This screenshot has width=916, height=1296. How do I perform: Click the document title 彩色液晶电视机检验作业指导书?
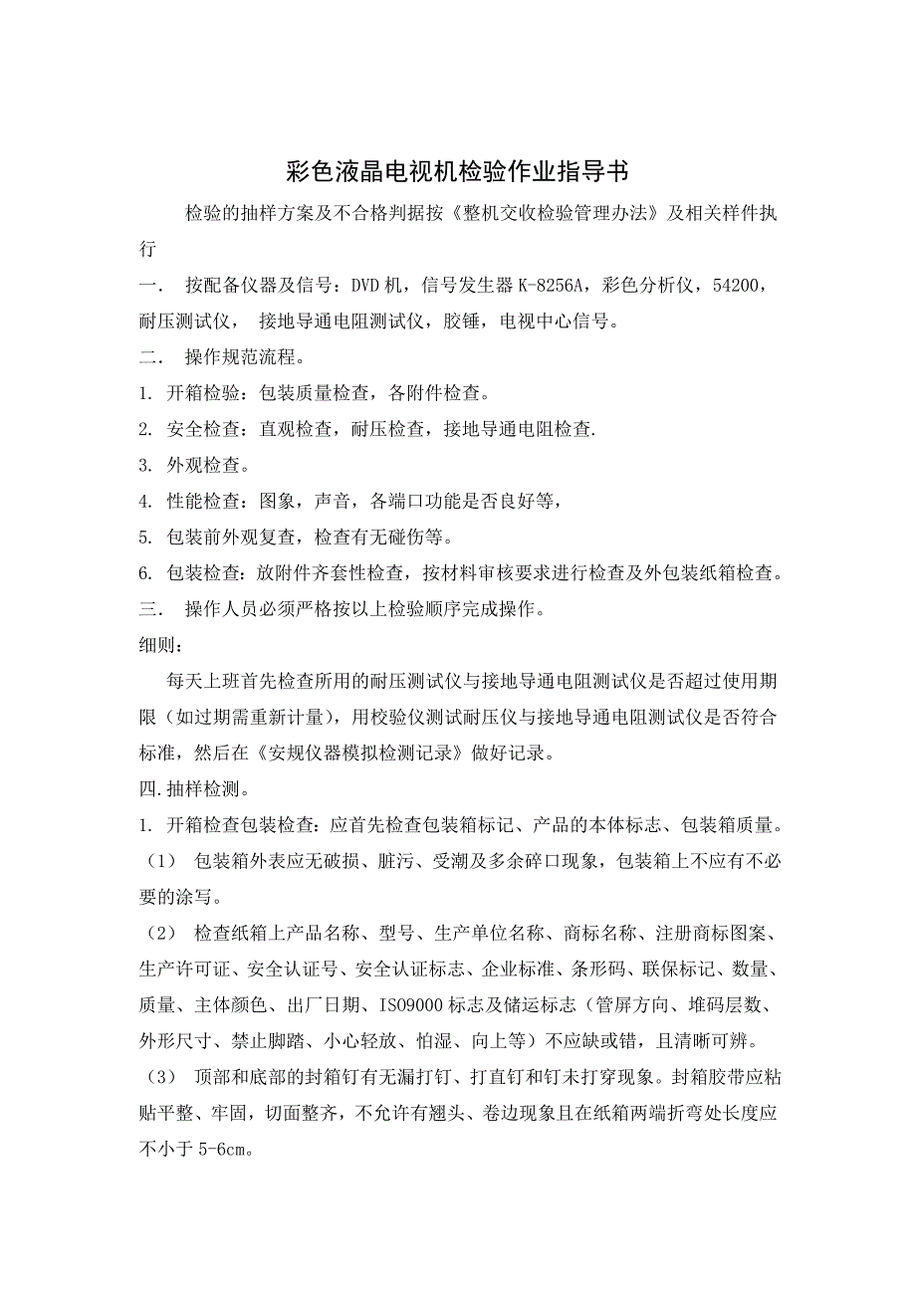click(x=457, y=171)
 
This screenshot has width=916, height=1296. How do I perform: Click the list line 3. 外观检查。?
click(x=193, y=465)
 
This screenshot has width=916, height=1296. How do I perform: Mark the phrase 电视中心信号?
click(x=558, y=322)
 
